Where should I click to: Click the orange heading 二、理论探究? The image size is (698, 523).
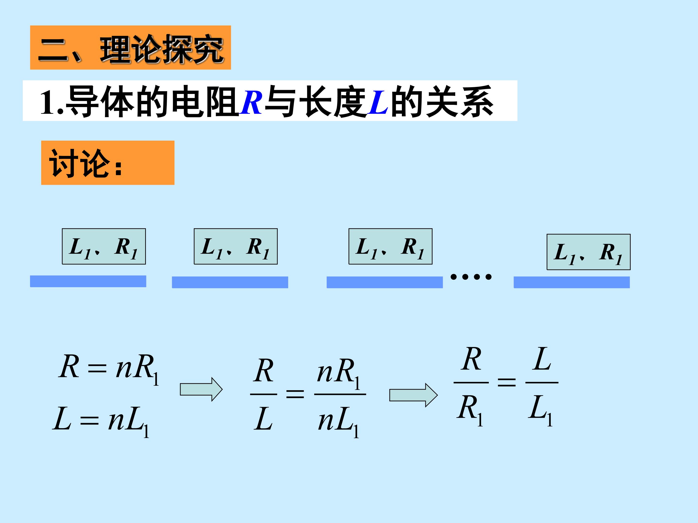(x=130, y=48)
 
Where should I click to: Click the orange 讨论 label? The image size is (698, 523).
(x=107, y=163)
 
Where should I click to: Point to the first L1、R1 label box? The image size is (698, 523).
(x=104, y=246)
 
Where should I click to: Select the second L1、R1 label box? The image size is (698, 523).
(x=236, y=246)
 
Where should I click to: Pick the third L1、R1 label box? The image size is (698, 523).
(x=390, y=246)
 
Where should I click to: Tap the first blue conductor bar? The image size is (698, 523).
(x=88, y=281)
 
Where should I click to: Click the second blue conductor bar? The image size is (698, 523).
(x=230, y=282)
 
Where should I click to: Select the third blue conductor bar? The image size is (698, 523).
(x=384, y=282)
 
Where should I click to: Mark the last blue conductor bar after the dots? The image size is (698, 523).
(x=571, y=282)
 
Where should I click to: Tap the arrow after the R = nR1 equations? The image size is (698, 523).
(x=201, y=389)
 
